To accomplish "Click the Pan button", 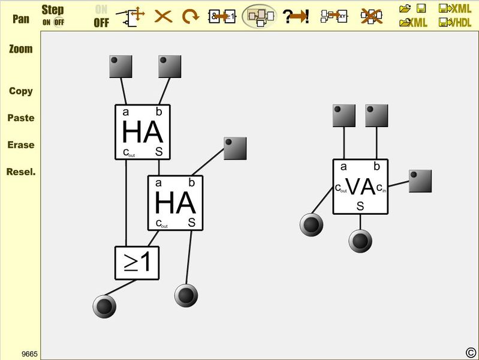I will point(20,19).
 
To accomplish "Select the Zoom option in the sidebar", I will point(20,49).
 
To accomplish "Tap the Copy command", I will point(20,91).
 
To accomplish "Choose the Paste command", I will point(20,118).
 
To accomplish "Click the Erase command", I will point(20,145).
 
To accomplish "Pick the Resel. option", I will point(20,172).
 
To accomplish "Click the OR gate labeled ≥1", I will point(137,263).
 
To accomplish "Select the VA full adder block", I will point(360,187).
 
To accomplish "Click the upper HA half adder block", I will point(143,132).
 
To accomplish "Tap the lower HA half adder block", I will point(176,203).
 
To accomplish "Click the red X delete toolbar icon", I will point(163,16).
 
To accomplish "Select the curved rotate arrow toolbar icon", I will point(191,16).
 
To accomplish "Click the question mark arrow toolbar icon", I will point(296,16).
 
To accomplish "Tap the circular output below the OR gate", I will point(104,307).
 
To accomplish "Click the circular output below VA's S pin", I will point(360,241).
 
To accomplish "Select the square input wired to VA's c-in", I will point(420,181).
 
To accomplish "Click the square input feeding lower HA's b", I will point(235,148).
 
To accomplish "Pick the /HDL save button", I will point(455,23).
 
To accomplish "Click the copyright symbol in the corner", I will point(471,352).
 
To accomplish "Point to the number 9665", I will point(29,354).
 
